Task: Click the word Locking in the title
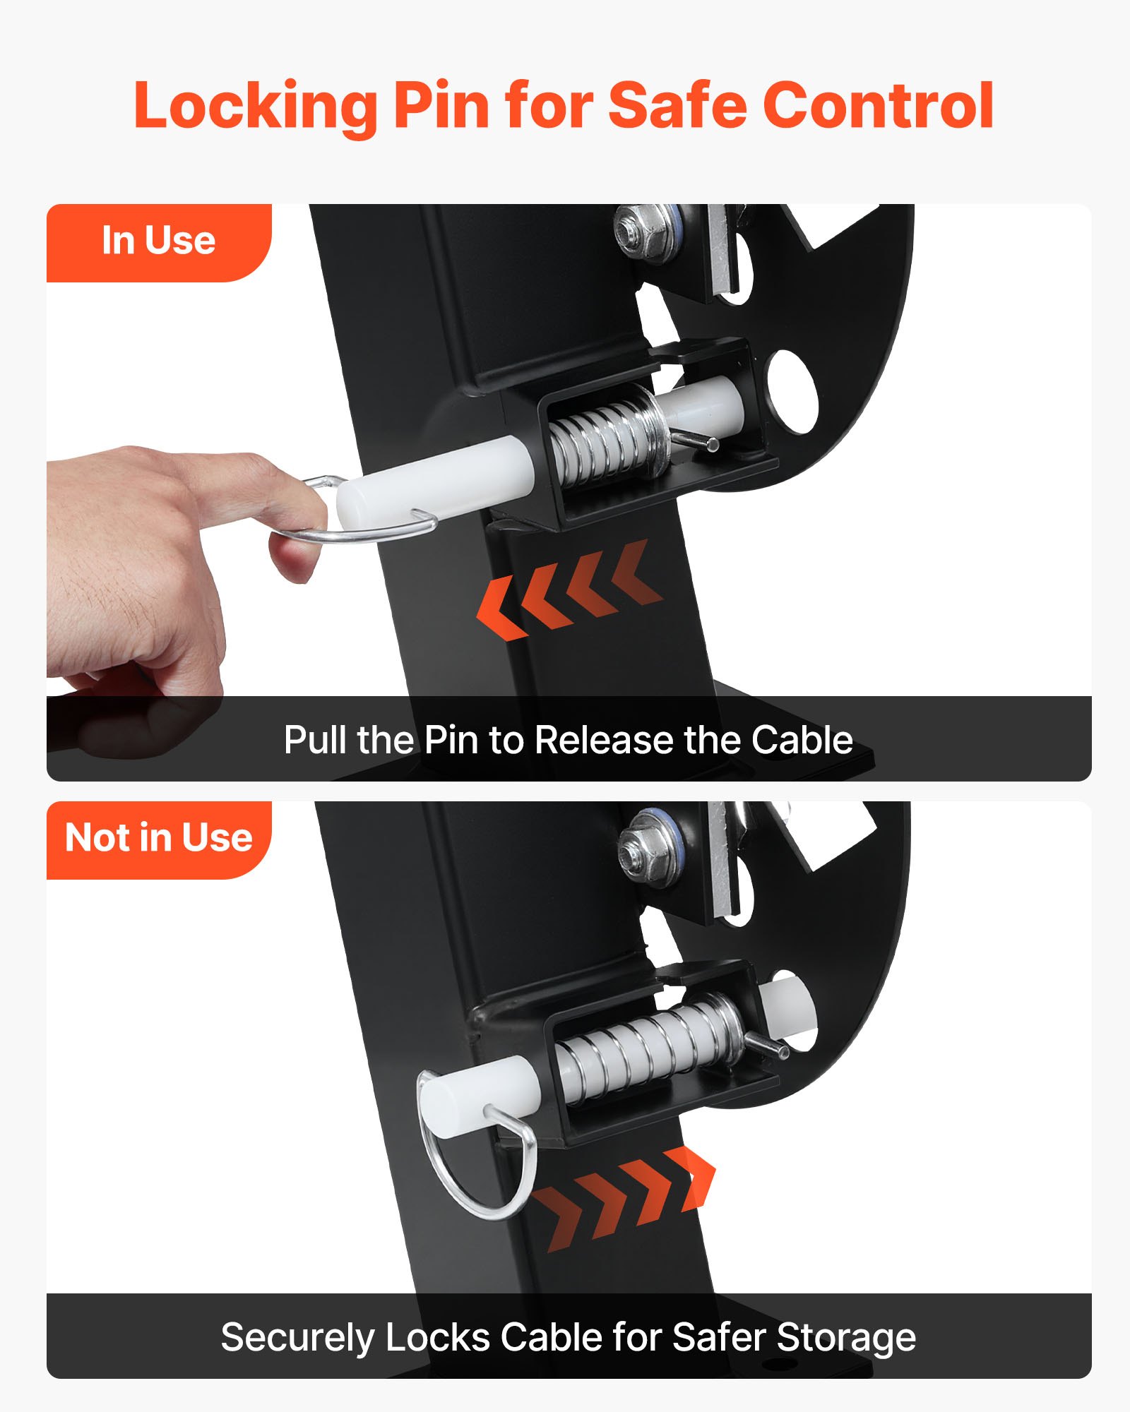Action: (254, 106)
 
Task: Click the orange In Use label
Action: (158, 241)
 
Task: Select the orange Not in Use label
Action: (158, 838)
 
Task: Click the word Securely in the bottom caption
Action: (297, 1337)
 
